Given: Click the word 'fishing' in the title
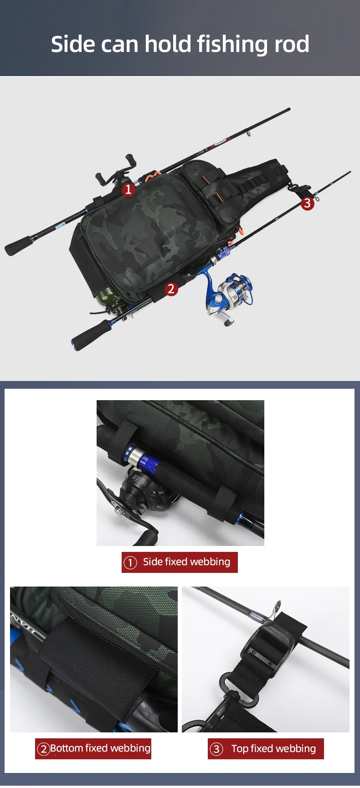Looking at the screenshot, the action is click(x=232, y=45).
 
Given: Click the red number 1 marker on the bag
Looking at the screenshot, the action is click(x=129, y=189).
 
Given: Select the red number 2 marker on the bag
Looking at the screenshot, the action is click(x=171, y=288).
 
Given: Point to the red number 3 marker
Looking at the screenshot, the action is click(x=307, y=203).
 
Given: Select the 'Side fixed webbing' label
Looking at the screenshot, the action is click(x=180, y=562).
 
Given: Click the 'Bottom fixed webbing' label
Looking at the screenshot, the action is click(x=93, y=748).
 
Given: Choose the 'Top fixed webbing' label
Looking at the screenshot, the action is click(x=266, y=748).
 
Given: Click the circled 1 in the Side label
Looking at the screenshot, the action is click(x=130, y=562).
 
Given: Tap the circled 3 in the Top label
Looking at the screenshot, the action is click(x=216, y=749).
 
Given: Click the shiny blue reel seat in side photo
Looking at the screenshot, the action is click(x=142, y=460).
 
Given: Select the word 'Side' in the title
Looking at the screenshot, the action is click(x=72, y=44).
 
